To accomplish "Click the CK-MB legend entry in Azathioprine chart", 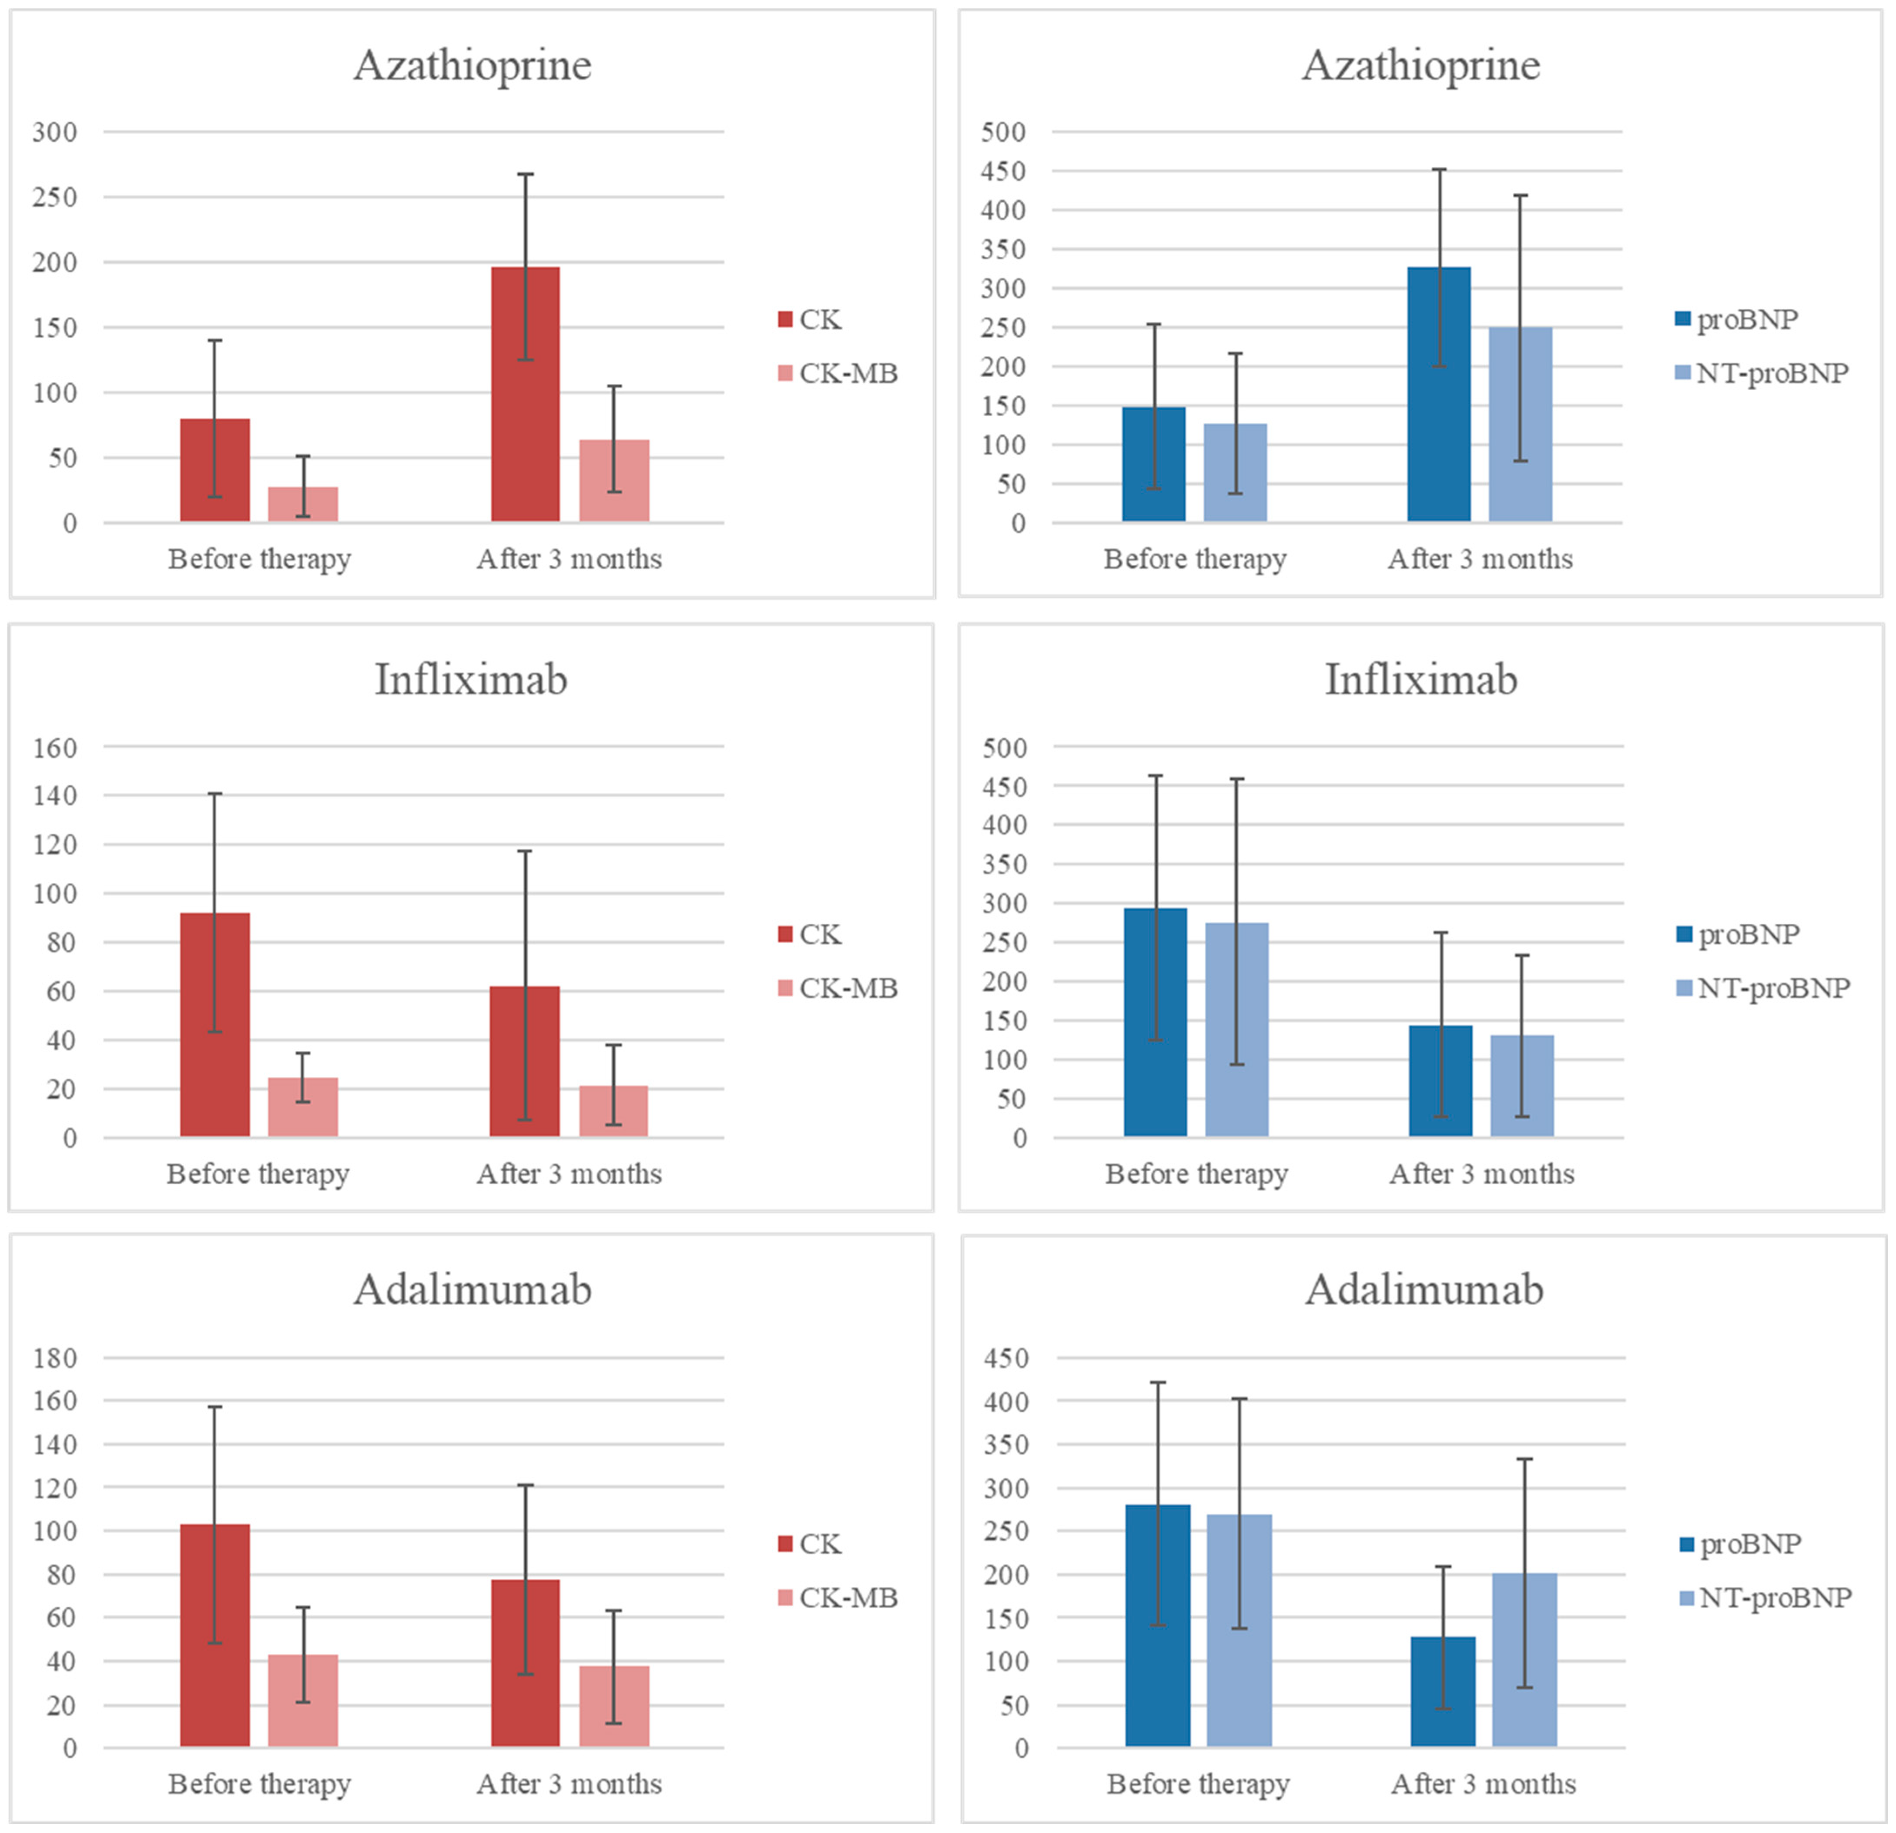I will (x=838, y=373).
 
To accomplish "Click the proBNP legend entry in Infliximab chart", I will (x=1739, y=935).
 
